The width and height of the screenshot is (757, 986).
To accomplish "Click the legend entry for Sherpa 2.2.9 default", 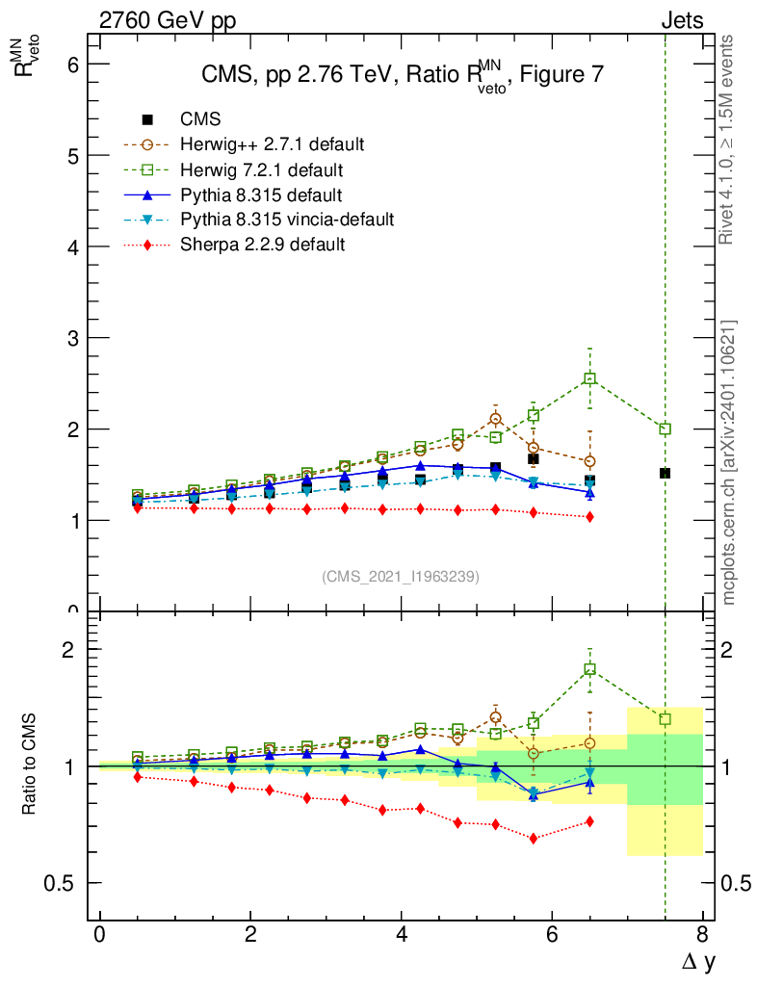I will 262,245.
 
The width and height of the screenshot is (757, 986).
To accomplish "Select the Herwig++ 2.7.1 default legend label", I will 272,144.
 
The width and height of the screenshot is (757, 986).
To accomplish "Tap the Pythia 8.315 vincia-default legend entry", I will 287,220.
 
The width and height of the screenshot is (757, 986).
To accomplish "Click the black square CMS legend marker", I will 147,119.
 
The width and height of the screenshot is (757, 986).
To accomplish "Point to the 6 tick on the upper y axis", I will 71,65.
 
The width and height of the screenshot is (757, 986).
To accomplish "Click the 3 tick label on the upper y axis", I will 71,338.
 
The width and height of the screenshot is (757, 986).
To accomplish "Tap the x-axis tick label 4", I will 402,935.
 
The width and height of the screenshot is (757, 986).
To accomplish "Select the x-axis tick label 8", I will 702,935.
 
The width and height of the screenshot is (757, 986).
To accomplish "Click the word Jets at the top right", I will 681,20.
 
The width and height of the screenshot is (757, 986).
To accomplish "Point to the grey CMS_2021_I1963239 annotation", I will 401,576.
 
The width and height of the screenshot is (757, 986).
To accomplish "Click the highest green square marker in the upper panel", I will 589,378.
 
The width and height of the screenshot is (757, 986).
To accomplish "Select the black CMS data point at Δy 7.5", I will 665,473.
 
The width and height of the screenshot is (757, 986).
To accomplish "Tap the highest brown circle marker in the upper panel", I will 495,419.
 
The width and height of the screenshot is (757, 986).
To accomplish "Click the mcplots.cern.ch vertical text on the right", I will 729,462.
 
